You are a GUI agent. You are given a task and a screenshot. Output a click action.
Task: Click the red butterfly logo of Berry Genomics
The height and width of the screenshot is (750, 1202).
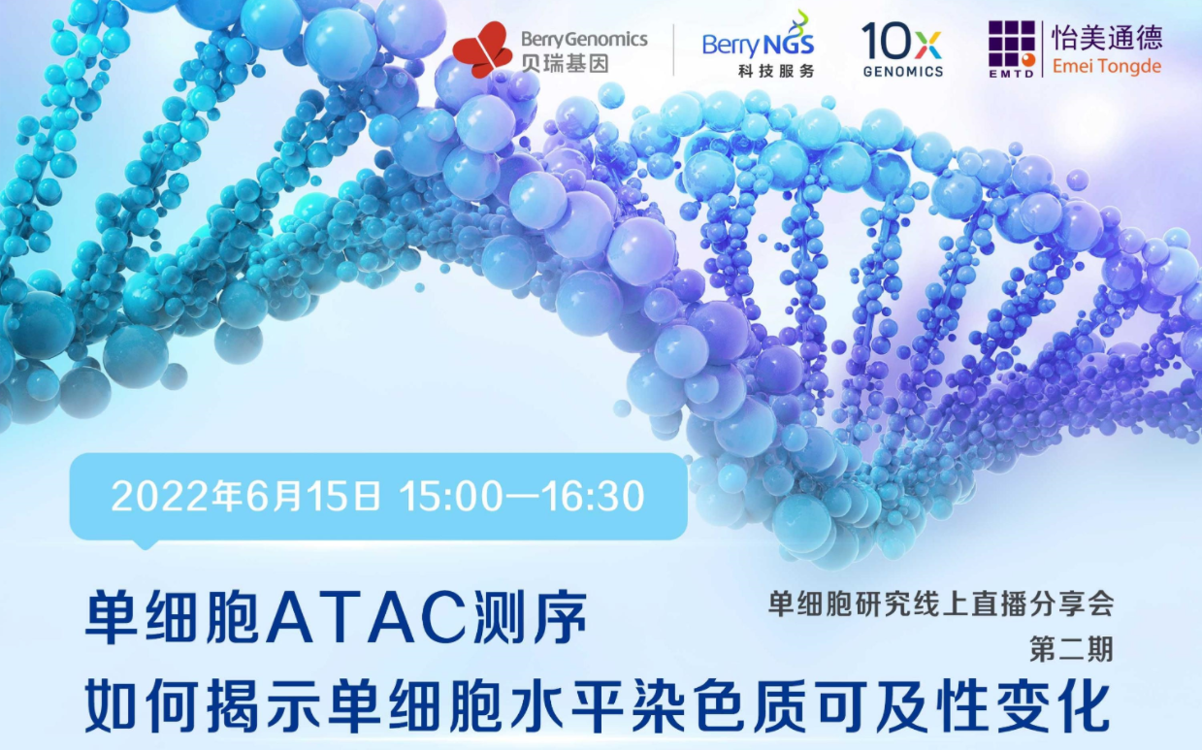[x=482, y=49]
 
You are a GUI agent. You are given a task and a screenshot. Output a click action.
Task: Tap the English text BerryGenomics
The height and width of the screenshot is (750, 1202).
[x=584, y=39]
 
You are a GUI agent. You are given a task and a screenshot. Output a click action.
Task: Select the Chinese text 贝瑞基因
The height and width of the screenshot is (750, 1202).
[x=565, y=64]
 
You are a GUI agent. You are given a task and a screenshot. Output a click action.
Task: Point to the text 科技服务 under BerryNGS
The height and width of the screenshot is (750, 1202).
[x=776, y=71]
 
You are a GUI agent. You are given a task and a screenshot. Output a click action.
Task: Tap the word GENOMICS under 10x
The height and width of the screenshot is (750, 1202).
[x=902, y=72]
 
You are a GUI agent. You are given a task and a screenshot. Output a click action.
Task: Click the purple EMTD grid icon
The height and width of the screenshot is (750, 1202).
[x=1012, y=49]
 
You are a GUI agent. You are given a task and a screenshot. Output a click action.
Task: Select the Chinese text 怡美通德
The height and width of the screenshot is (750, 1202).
[x=1107, y=38]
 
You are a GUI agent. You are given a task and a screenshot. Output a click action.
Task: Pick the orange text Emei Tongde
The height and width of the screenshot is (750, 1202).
[x=1107, y=66]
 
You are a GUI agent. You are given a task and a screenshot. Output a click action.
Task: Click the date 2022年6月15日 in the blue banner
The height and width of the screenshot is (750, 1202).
[x=245, y=496]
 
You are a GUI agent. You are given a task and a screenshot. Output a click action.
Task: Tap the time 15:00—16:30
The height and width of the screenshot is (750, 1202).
[x=522, y=496]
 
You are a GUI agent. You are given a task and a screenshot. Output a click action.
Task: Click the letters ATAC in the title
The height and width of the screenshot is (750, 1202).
[x=367, y=618]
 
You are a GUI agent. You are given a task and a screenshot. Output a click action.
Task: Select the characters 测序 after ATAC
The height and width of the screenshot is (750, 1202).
[x=529, y=617]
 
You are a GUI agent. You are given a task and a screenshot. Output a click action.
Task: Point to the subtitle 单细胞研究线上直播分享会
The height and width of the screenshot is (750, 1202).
[x=941, y=603]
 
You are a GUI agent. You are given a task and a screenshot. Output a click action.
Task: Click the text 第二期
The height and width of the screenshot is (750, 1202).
[x=1071, y=648]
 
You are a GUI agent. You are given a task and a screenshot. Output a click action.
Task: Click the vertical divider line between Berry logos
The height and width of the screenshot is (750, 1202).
[x=674, y=49]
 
